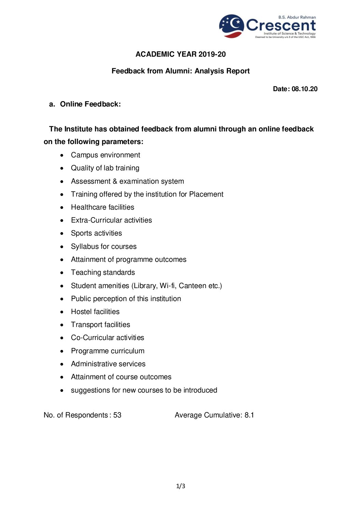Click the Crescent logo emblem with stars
tap(232, 26)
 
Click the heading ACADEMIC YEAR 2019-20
tap(180, 54)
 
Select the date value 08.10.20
tap(304, 89)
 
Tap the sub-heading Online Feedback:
tap(90, 104)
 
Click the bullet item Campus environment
tap(105, 155)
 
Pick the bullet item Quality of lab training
tap(105, 168)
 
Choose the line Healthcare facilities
tap(102, 207)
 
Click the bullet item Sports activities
tap(96, 233)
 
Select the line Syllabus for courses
tap(104, 246)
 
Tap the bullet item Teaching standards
tap(103, 272)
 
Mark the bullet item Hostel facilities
tap(95, 312)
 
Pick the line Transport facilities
tap(100, 325)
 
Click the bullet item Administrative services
tap(108, 364)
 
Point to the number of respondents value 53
tap(117, 415)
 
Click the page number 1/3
tap(180, 486)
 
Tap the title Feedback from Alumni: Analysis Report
tap(180, 71)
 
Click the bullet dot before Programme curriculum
tap(62, 351)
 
